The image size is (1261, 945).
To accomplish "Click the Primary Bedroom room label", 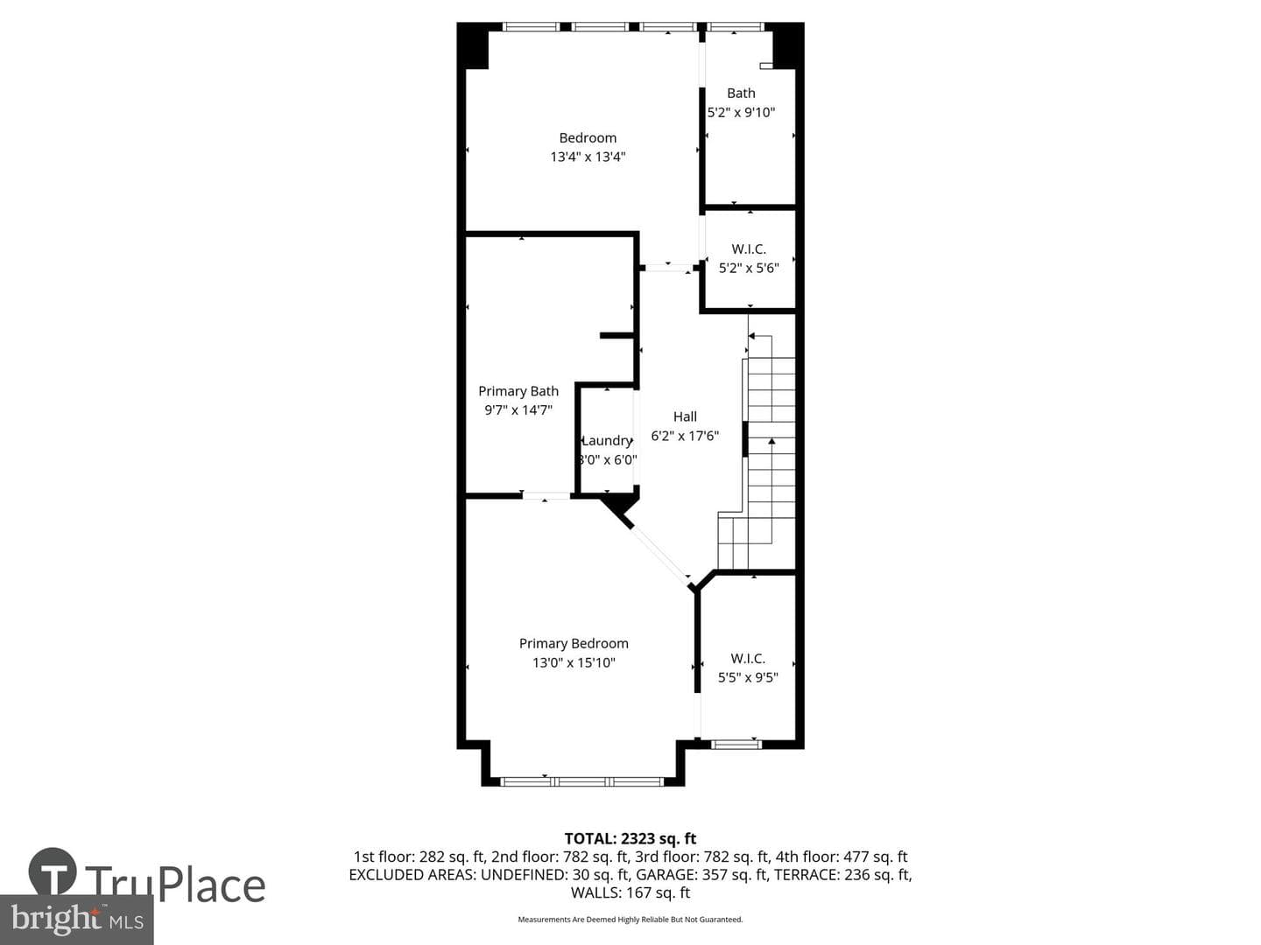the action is [574, 643].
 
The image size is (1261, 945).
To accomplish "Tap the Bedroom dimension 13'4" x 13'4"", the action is [588, 157].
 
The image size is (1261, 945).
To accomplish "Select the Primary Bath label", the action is [518, 391].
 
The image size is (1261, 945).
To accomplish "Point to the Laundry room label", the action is [607, 441].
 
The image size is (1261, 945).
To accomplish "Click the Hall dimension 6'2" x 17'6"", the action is [685, 436].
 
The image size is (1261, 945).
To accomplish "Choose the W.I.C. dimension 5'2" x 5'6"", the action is [749, 268].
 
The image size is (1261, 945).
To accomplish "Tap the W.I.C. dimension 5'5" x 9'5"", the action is [748, 677].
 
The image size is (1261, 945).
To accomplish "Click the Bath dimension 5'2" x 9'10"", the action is [741, 113].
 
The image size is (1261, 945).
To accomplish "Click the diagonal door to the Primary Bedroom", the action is [660, 555].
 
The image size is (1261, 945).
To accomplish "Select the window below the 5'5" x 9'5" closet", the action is [736, 745].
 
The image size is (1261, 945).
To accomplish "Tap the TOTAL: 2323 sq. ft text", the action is [630, 839].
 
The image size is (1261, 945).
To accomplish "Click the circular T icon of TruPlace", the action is [53, 871].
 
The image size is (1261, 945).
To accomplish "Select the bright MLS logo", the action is [76, 919].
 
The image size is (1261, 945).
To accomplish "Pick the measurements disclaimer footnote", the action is [630, 919].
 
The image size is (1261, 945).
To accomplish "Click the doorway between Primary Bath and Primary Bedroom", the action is [546, 496].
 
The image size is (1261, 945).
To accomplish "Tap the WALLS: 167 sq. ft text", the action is [630, 892].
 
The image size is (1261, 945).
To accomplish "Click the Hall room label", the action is [685, 417].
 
